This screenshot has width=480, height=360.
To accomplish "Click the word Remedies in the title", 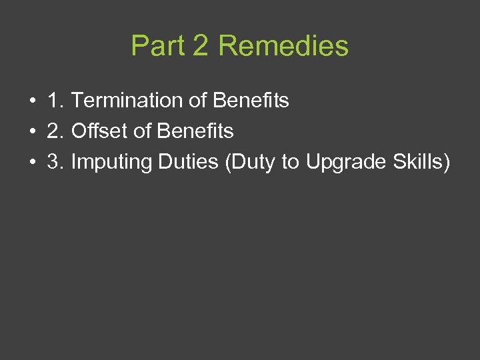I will [283, 46].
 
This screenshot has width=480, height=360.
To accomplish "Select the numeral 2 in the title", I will [201, 46].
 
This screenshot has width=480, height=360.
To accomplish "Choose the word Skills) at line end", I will [420, 162].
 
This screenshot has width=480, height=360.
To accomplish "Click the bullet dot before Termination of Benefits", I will [32, 101].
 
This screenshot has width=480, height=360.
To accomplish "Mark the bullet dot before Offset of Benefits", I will [32, 132].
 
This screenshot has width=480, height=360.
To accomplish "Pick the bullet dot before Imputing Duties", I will [32, 163].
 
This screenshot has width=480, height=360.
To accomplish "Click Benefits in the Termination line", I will [250, 101].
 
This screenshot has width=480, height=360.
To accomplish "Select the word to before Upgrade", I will [291, 162].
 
